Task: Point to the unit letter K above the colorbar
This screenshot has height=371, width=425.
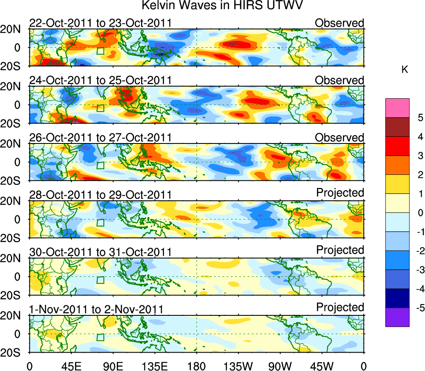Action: pos(404,70)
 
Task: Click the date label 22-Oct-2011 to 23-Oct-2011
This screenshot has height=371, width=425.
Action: pos(100,23)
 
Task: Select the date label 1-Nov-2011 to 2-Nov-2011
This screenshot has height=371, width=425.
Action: pos(96,310)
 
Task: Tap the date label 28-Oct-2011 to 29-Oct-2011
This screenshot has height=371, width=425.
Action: pos(100,195)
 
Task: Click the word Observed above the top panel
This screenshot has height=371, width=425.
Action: pos(340,23)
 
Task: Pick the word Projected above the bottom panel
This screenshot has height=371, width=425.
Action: pos(340,307)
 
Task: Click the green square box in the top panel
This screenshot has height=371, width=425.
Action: pos(100,51)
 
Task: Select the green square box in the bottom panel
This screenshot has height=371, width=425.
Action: pos(100,337)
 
